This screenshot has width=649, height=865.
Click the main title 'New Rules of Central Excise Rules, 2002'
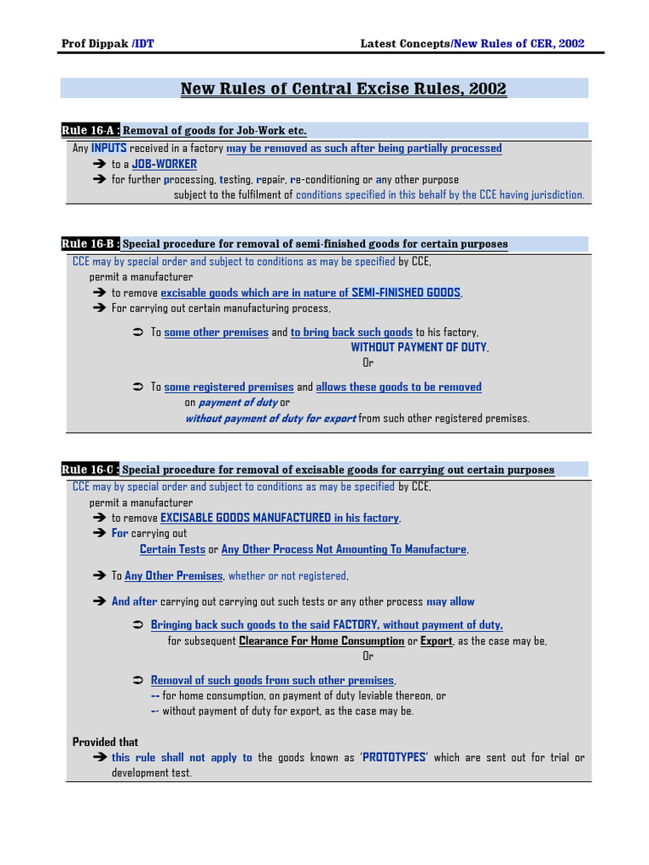click(344, 89)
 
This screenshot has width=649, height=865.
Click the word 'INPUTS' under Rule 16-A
click(109, 149)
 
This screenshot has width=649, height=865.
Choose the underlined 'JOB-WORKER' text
click(165, 164)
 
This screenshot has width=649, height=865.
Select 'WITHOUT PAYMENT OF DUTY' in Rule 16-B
click(419, 347)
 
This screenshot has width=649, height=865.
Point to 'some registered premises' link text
click(229, 387)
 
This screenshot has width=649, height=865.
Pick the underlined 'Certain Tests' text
click(172, 549)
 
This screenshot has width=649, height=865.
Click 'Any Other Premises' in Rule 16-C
click(173, 576)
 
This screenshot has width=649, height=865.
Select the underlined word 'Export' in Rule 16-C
click(437, 641)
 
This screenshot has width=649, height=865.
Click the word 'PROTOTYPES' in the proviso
click(395, 758)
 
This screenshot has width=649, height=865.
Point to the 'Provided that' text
click(106, 742)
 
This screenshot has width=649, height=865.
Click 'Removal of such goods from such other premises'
click(272, 680)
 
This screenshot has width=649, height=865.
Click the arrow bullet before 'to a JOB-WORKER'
click(98, 164)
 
